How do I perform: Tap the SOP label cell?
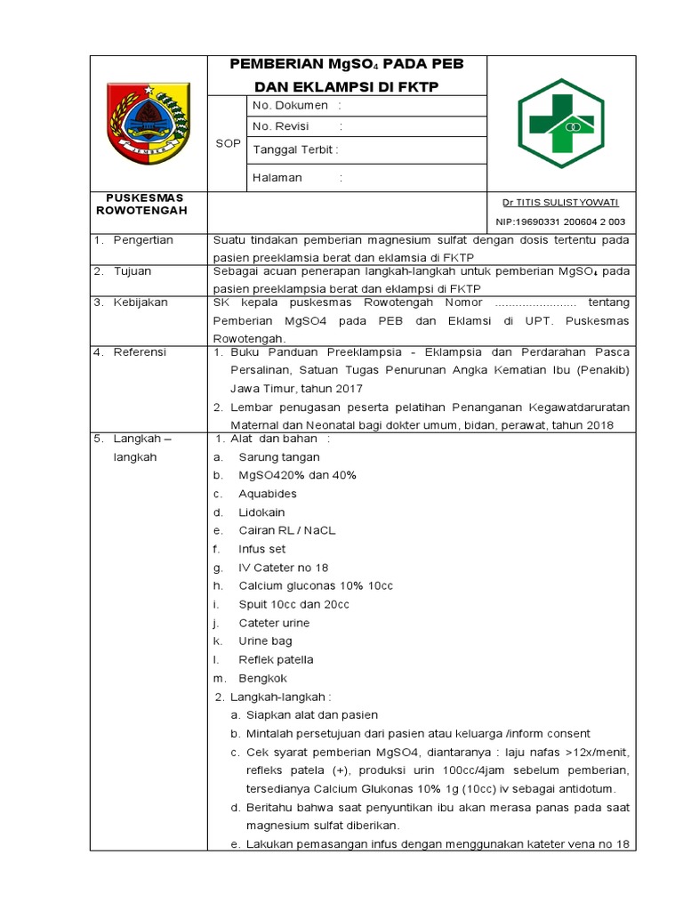coord(229,143)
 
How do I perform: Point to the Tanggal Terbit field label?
coord(294,149)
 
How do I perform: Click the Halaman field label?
coord(277,177)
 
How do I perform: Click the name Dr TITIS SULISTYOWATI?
coord(559,203)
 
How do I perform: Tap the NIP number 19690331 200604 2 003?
coord(559,222)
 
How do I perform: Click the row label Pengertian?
coord(142,240)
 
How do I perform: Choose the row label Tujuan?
coord(133,270)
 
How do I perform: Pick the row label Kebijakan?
coord(140,302)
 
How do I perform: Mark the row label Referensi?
coord(140,352)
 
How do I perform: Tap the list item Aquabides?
coord(268,494)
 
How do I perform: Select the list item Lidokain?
coord(261,512)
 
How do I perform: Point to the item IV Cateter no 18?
coord(283,568)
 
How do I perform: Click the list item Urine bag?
coord(265,641)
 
